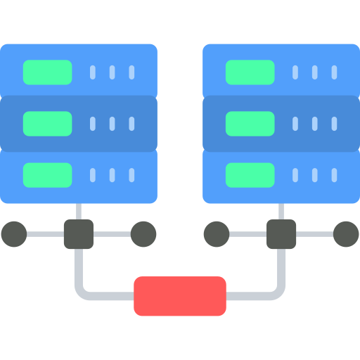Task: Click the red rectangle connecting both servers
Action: pyautogui.click(x=180, y=296)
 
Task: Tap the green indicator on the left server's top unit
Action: pyautogui.click(x=48, y=72)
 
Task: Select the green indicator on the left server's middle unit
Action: pyautogui.click(x=48, y=123)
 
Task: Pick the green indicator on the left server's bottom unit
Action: pyautogui.click(x=48, y=174)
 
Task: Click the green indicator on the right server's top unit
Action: pyautogui.click(x=250, y=72)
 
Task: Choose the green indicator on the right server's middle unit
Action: pyautogui.click(x=250, y=123)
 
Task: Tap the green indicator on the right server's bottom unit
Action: pyautogui.click(x=250, y=174)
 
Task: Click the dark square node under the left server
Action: pyautogui.click(x=79, y=234)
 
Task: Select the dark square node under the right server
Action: pyautogui.click(x=281, y=234)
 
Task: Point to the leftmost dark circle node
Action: pyautogui.click(x=14, y=234)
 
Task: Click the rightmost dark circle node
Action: pyautogui.click(x=346, y=234)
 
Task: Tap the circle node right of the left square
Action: pyautogui.click(x=143, y=234)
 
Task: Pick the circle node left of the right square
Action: pyautogui.click(x=217, y=234)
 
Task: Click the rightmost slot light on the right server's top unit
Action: pyautogui.click(x=334, y=72)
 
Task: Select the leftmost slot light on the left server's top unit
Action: pyautogui.click(x=92, y=72)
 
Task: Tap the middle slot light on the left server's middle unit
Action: pyautogui.click(x=112, y=123)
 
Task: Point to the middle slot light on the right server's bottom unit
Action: pyautogui.click(x=314, y=174)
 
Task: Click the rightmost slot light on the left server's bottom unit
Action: pyautogui.click(x=131, y=174)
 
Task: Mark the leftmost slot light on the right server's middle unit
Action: pyautogui.click(x=295, y=123)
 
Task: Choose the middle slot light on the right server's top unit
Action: pyautogui.click(x=314, y=72)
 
